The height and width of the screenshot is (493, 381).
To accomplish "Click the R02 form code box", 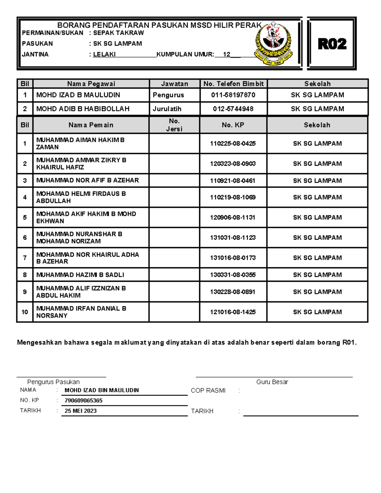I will (x=332, y=44).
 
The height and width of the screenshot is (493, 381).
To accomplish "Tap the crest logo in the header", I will (x=273, y=43).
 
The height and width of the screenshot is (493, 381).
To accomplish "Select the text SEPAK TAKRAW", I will (x=118, y=33).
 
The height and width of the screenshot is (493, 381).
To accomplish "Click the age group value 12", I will (x=226, y=54).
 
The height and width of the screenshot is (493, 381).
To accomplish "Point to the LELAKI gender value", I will (x=104, y=54).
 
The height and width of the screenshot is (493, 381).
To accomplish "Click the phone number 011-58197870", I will (x=233, y=95).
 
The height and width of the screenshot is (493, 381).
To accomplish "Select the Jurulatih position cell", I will (x=167, y=109).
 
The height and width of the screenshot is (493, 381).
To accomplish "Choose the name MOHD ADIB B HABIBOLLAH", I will (x=83, y=109).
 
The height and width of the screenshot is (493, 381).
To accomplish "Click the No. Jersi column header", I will (x=174, y=125).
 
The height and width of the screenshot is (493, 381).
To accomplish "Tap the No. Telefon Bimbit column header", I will (x=233, y=84).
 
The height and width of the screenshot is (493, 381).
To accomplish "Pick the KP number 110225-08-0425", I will (x=233, y=143).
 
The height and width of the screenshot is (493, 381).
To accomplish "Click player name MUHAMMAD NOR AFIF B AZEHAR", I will (x=88, y=180).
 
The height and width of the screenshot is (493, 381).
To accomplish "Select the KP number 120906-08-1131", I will (x=233, y=217).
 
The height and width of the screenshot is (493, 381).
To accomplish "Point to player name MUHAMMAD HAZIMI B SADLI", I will (x=80, y=275).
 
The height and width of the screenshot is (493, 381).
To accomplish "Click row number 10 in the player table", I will (x=25, y=312).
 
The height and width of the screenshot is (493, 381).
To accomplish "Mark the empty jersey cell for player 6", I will (x=174, y=238).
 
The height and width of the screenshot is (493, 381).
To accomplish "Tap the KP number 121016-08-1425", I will (x=233, y=312).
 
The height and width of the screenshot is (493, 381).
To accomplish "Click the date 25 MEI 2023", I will (x=81, y=411).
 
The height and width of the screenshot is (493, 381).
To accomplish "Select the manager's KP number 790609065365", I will (x=84, y=401).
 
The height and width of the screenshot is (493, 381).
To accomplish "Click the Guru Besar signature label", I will (x=272, y=382).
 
